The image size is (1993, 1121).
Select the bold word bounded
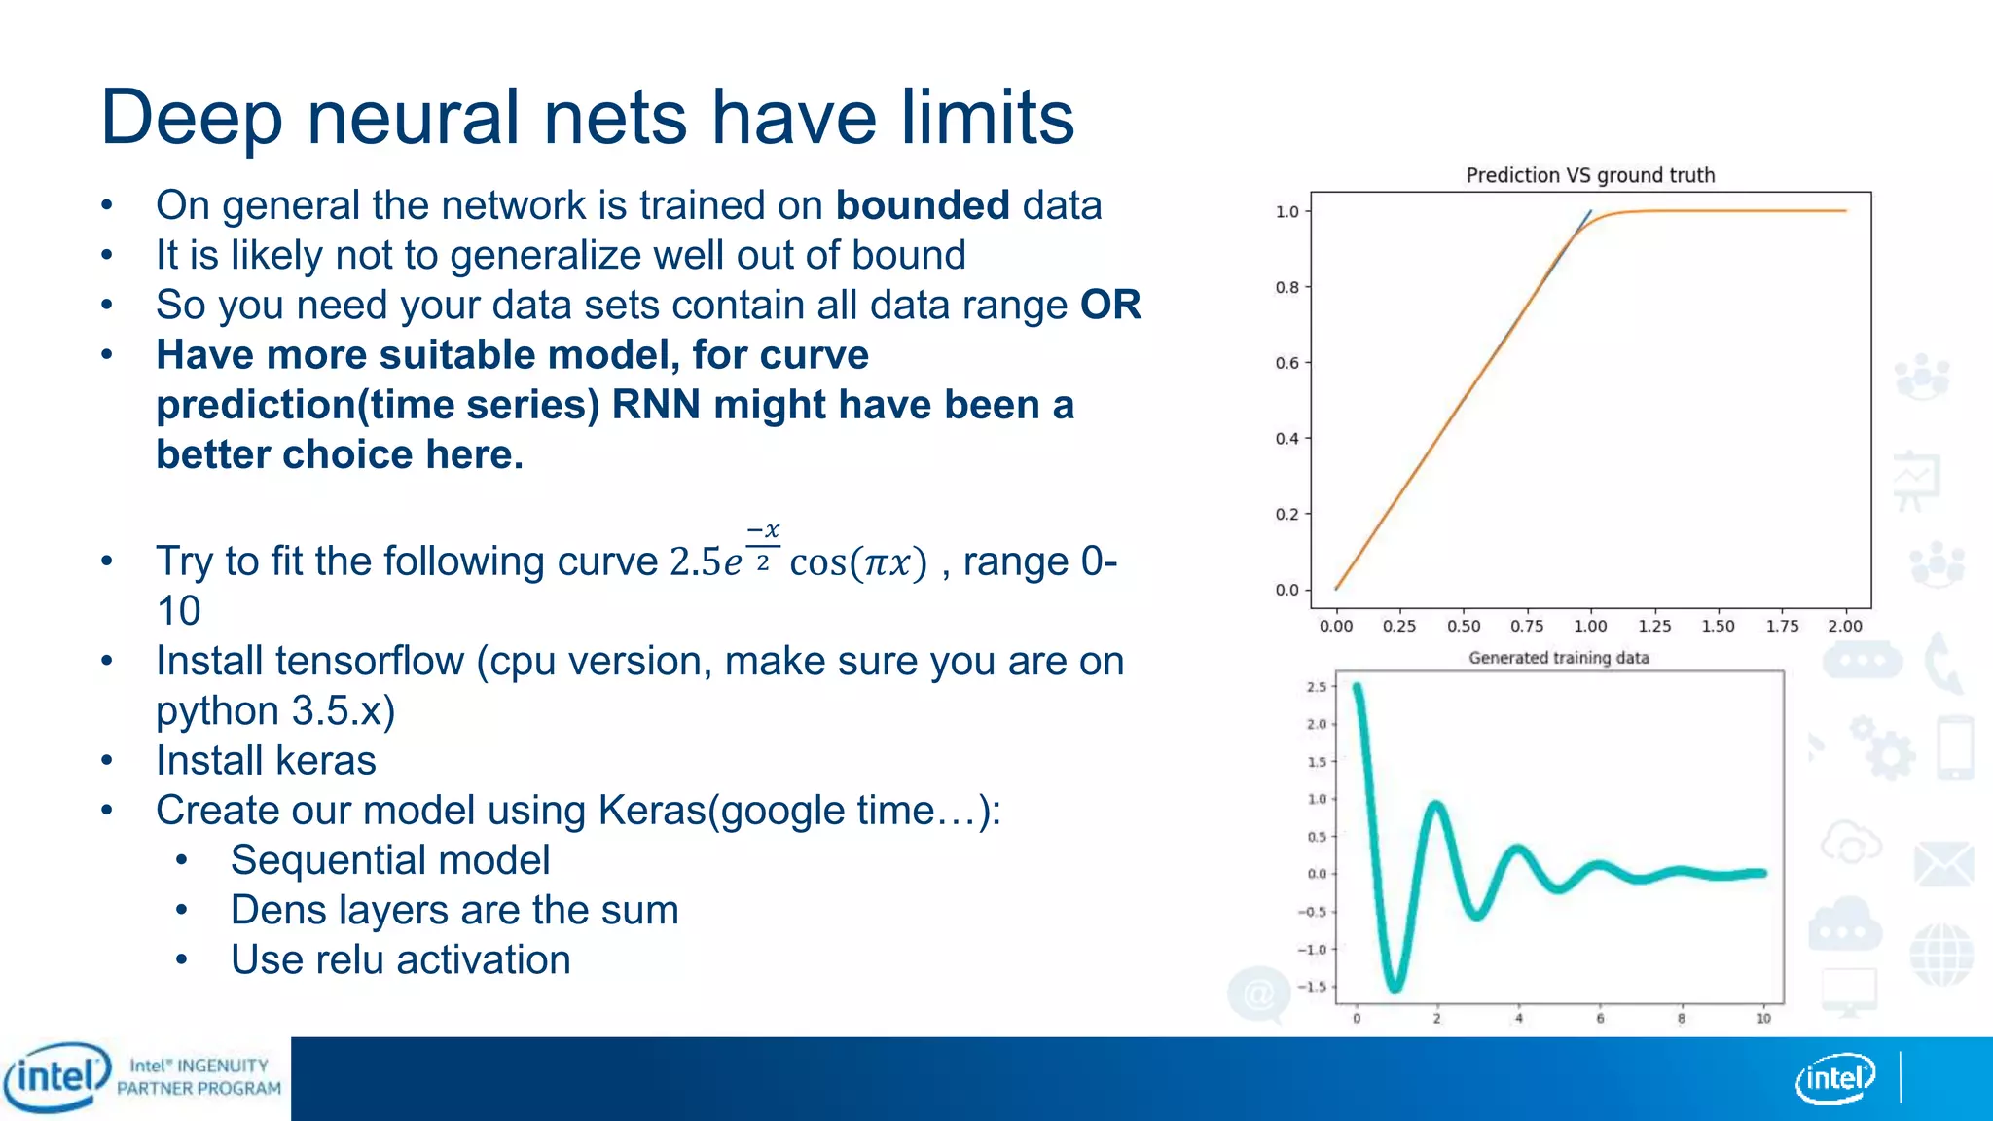point(922,205)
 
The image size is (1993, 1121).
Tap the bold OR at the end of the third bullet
point(1110,305)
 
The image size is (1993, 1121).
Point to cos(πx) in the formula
point(857,562)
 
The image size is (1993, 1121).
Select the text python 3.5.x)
point(275,711)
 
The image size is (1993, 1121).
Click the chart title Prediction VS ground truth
point(1590,175)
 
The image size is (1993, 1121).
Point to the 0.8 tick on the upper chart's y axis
point(1286,287)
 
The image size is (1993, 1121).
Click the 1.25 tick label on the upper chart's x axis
point(1654,626)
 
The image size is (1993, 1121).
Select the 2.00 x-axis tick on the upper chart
point(1844,626)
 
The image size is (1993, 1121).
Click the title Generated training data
point(1558,658)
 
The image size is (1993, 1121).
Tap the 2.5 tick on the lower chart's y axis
point(1316,687)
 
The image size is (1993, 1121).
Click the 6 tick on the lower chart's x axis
point(1600,1019)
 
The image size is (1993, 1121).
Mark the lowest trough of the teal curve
point(1395,987)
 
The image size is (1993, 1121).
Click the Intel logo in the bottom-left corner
point(56,1076)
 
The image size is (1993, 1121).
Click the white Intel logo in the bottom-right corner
point(1834,1078)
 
